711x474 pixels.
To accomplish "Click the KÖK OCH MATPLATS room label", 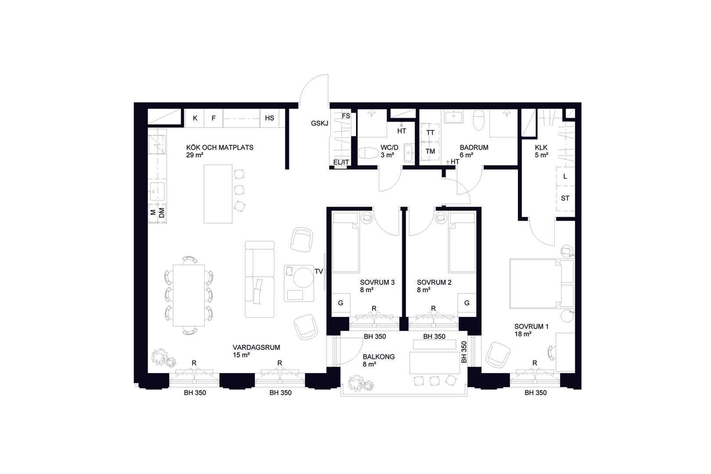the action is (x=220, y=148).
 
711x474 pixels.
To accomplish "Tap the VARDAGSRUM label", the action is (x=256, y=348).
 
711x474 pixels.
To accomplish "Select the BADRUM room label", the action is (x=474, y=148).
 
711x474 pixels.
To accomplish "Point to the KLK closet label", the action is (x=541, y=148).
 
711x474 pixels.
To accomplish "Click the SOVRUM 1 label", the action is (x=531, y=326).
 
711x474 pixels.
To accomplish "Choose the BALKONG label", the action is (x=379, y=357).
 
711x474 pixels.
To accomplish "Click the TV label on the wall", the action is (x=319, y=271).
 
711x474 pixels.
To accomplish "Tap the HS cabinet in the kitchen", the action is (x=270, y=118).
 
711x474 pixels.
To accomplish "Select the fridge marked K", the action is (x=195, y=118).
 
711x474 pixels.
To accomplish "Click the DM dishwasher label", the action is (x=161, y=213).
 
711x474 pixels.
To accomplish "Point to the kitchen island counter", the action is (x=218, y=194).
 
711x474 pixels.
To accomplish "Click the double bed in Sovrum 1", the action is (x=541, y=284).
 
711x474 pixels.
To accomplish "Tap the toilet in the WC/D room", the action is (x=368, y=153).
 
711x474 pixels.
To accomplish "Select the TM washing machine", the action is (x=430, y=151).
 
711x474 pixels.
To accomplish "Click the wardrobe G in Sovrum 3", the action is (x=340, y=303).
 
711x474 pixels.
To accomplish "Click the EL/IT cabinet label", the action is (x=341, y=162).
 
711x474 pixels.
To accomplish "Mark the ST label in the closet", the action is (x=565, y=198).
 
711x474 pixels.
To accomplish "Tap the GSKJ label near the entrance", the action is (x=319, y=123).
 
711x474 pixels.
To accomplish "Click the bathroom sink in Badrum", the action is (x=453, y=117).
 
